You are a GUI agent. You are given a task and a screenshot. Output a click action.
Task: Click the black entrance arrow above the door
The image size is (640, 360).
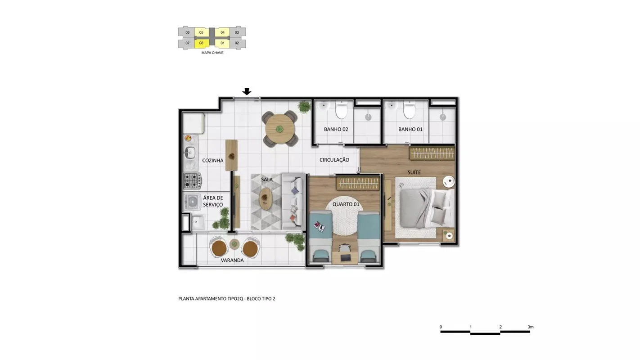click(x=247, y=91)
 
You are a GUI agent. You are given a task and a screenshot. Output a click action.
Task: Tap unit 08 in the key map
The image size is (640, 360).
click(x=202, y=43)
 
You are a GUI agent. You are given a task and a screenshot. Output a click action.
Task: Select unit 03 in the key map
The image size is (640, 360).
click(x=237, y=32)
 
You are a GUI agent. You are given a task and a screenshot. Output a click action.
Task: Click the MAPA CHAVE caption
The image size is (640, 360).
click(x=212, y=53)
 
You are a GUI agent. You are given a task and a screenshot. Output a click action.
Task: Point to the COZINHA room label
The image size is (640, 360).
click(x=213, y=161)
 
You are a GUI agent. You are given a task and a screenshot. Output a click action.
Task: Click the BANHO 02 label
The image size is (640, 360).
click(x=336, y=130)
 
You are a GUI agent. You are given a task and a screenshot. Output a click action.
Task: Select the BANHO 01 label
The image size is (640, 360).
click(x=410, y=130)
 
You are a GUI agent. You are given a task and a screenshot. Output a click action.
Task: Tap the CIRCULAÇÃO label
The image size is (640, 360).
click(x=334, y=160)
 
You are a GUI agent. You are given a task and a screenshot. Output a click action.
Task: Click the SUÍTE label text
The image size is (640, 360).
click(x=414, y=172)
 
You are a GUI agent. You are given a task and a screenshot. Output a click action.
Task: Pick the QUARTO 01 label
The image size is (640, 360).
click(x=346, y=204)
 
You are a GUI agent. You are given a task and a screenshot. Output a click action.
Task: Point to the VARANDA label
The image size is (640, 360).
click(x=232, y=260)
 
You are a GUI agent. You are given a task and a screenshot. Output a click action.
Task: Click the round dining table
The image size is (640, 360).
click(x=280, y=129)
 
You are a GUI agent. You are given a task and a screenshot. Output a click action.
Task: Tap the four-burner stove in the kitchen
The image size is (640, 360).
click(x=192, y=180)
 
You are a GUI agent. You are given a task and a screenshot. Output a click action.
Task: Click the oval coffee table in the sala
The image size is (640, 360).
click(x=266, y=198)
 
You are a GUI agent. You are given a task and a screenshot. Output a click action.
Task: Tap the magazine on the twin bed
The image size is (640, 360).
click(x=320, y=226)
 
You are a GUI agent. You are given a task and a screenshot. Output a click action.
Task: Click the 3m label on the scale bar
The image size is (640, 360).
click(x=531, y=327)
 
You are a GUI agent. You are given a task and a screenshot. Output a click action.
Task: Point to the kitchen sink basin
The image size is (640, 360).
click(x=190, y=152)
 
